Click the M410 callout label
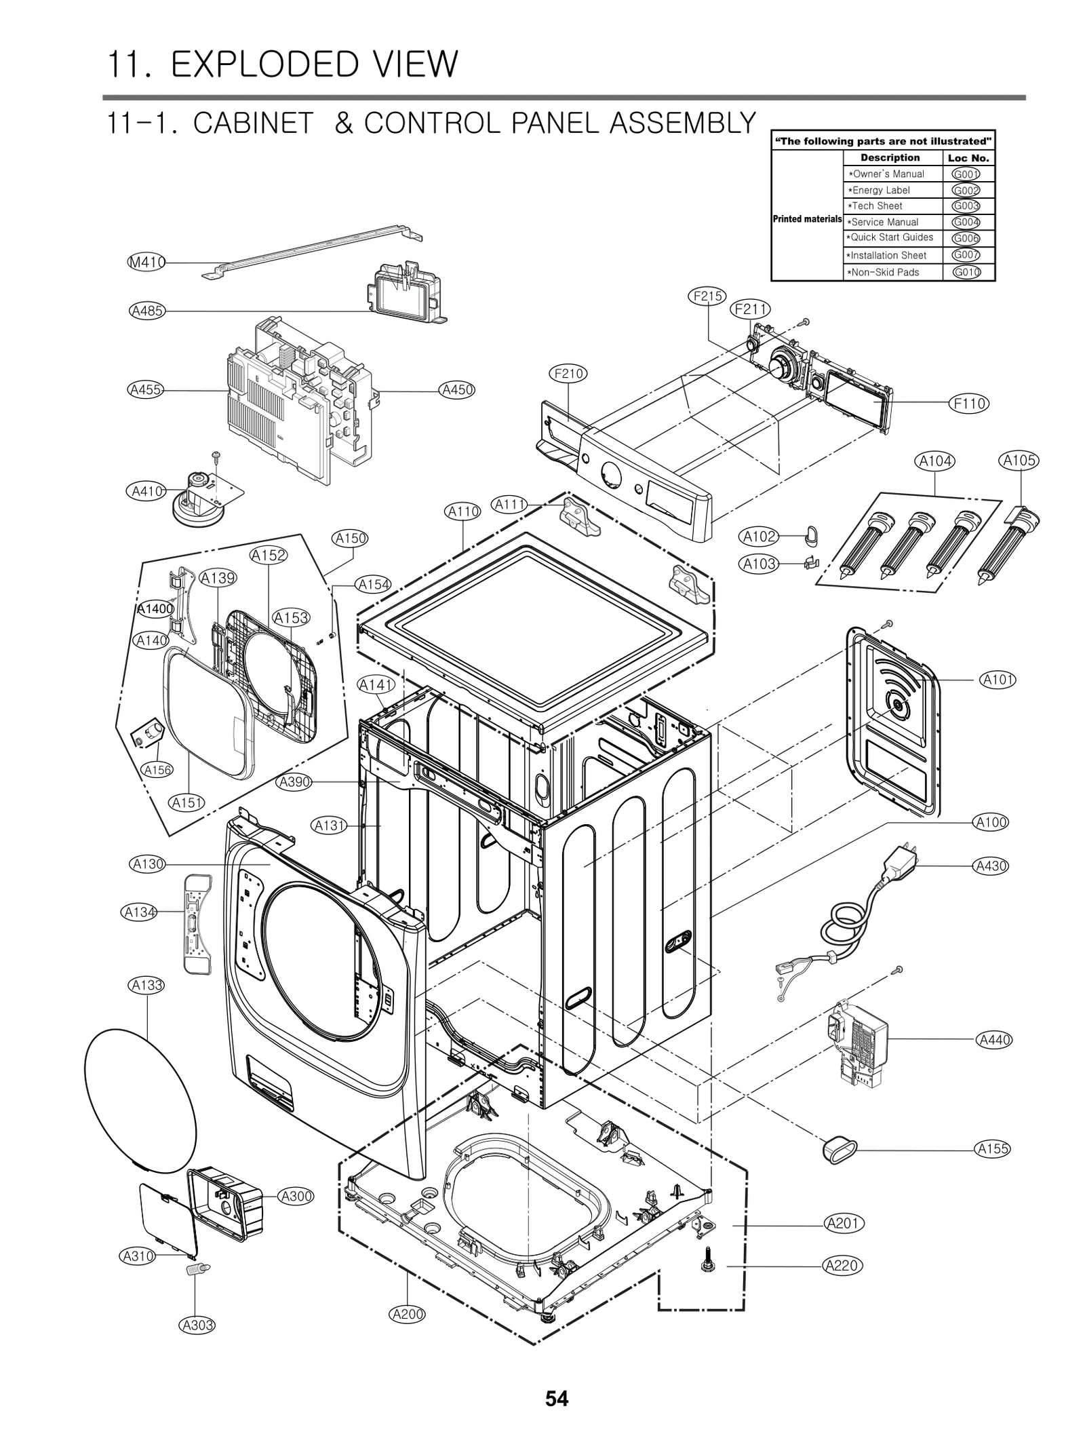point(147,262)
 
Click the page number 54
point(557,1399)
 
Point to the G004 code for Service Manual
point(966,222)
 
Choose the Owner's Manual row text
point(888,174)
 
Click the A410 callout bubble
point(146,491)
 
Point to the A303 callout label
point(197,1324)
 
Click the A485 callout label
point(146,311)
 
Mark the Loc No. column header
point(968,158)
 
